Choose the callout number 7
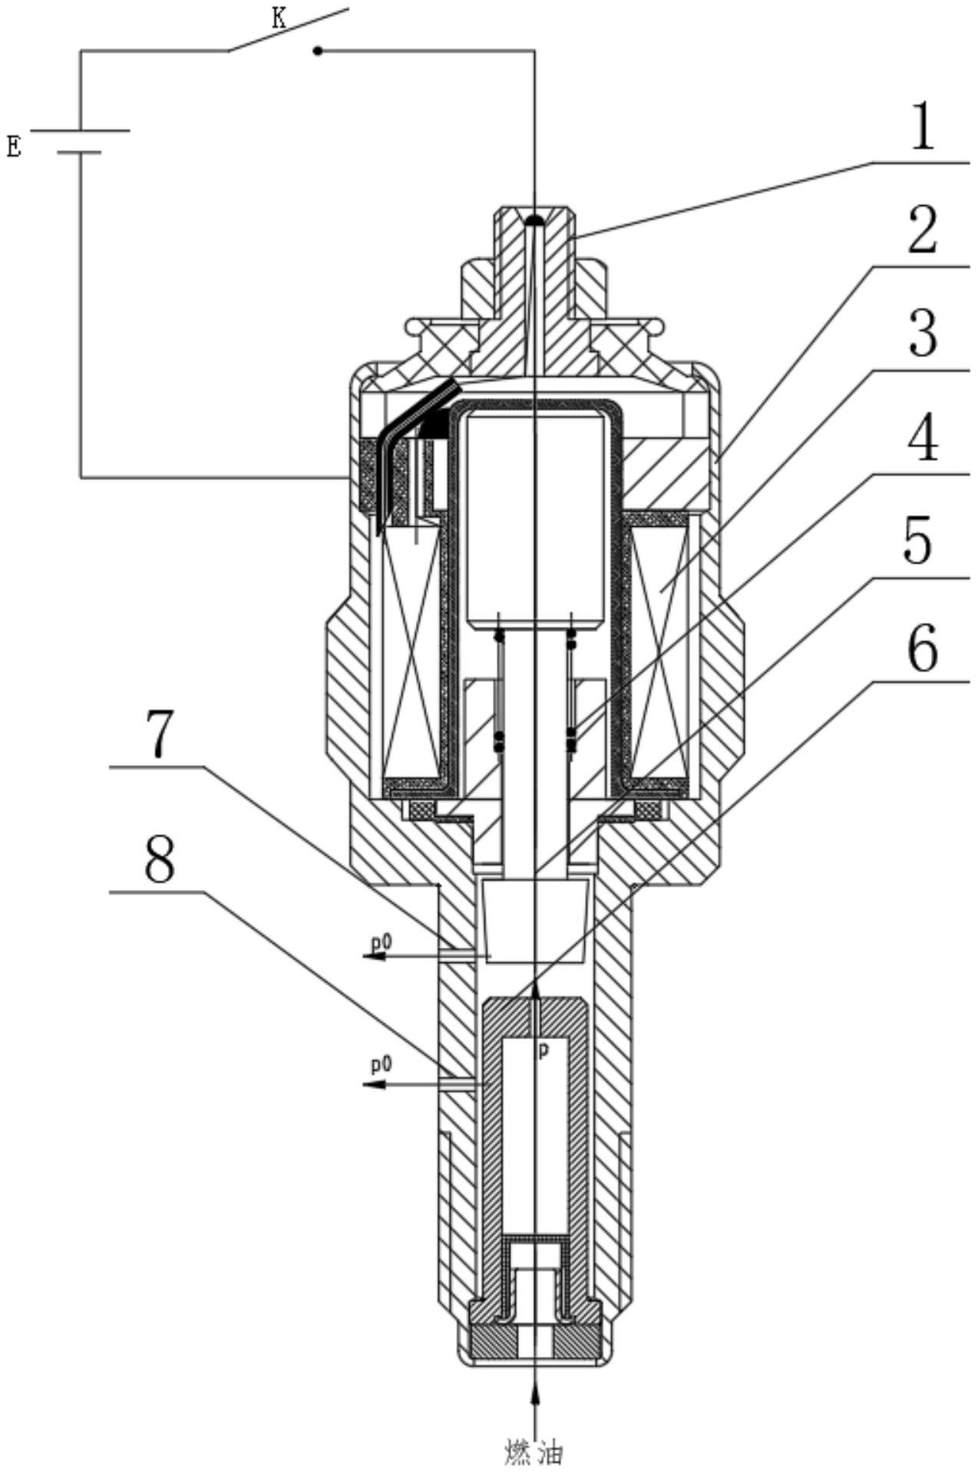[160, 734]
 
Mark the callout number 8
[160, 860]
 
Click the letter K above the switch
[279, 19]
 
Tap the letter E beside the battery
[14, 145]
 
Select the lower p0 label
[382, 1064]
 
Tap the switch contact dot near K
[318, 51]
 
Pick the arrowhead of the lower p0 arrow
[372, 1084]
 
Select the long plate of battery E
[80, 130]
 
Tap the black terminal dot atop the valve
[534, 220]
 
